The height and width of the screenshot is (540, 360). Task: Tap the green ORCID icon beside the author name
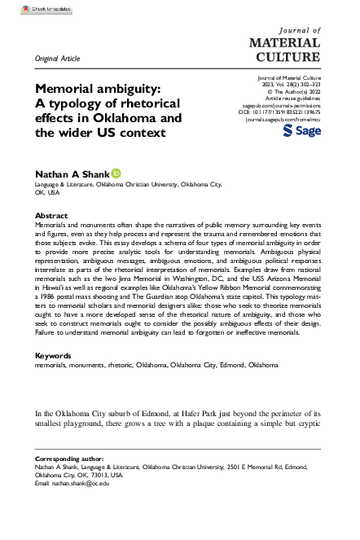coord(116,173)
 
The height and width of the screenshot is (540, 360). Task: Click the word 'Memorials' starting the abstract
coord(53,223)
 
